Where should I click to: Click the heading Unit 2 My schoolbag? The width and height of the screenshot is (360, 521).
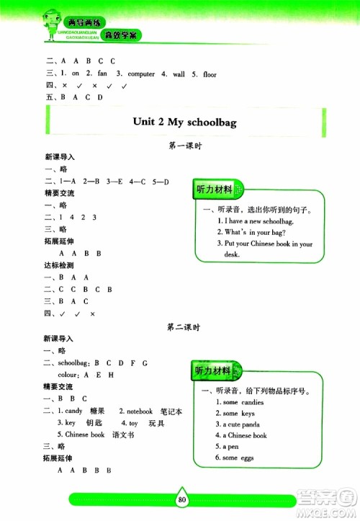point(185,123)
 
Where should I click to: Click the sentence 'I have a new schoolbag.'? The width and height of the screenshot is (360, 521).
point(256,221)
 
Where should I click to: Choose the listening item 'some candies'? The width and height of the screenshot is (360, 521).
point(243,402)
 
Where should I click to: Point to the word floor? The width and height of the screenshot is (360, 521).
point(209,74)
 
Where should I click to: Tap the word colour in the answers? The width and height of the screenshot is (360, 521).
point(68,375)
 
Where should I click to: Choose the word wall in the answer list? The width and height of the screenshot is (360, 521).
point(177,74)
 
